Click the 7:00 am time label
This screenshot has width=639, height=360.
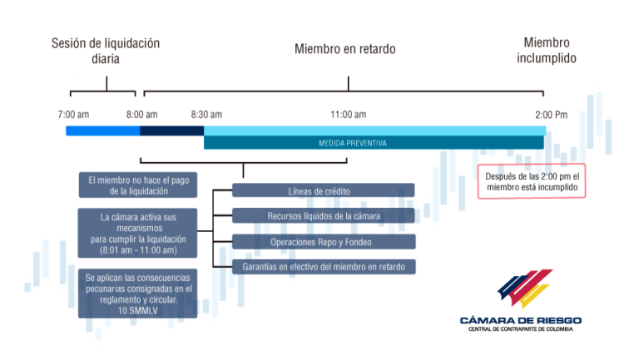pyautogui.click(x=73, y=115)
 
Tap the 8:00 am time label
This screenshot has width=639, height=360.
pyautogui.click(x=141, y=115)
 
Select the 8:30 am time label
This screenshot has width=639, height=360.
pyautogui.click(x=206, y=115)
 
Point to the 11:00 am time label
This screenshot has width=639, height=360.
pyautogui.click(x=349, y=115)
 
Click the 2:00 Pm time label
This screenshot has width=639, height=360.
pyautogui.click(x=552, y=115)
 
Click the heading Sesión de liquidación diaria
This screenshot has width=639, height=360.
pyautogui.click(x=106, y=51)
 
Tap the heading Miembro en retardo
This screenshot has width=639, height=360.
pyautogui.click(x=345, y=49)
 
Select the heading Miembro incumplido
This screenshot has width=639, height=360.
pyautogui.click(x=547, y=50)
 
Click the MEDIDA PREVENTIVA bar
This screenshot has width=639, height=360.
pyautogui.click(x=374, y=143)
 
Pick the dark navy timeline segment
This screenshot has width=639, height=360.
pyautogui.click(x=172, y=131)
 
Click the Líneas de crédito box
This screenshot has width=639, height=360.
pyautogui.click(x=324, y=190)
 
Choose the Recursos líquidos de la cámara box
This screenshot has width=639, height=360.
pyautogui.click(x=324, y=216)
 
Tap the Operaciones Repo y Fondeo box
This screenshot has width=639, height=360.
pyautogui.click(x=324, y=242)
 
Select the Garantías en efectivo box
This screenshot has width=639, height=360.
pyautogui.click(x=324, y=267)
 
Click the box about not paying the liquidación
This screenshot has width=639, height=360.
pyautogui.click(x=138, y=185)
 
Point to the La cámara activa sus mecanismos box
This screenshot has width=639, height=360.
pyautogui.click(x=138, y=234)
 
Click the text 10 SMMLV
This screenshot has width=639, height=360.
pyautogui.click(x=138, y=311)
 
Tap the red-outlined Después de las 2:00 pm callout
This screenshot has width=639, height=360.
pyautogui.click(x=532, y=181)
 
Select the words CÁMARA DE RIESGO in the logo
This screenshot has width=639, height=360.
pyautogui.click(x=521, y=320)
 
